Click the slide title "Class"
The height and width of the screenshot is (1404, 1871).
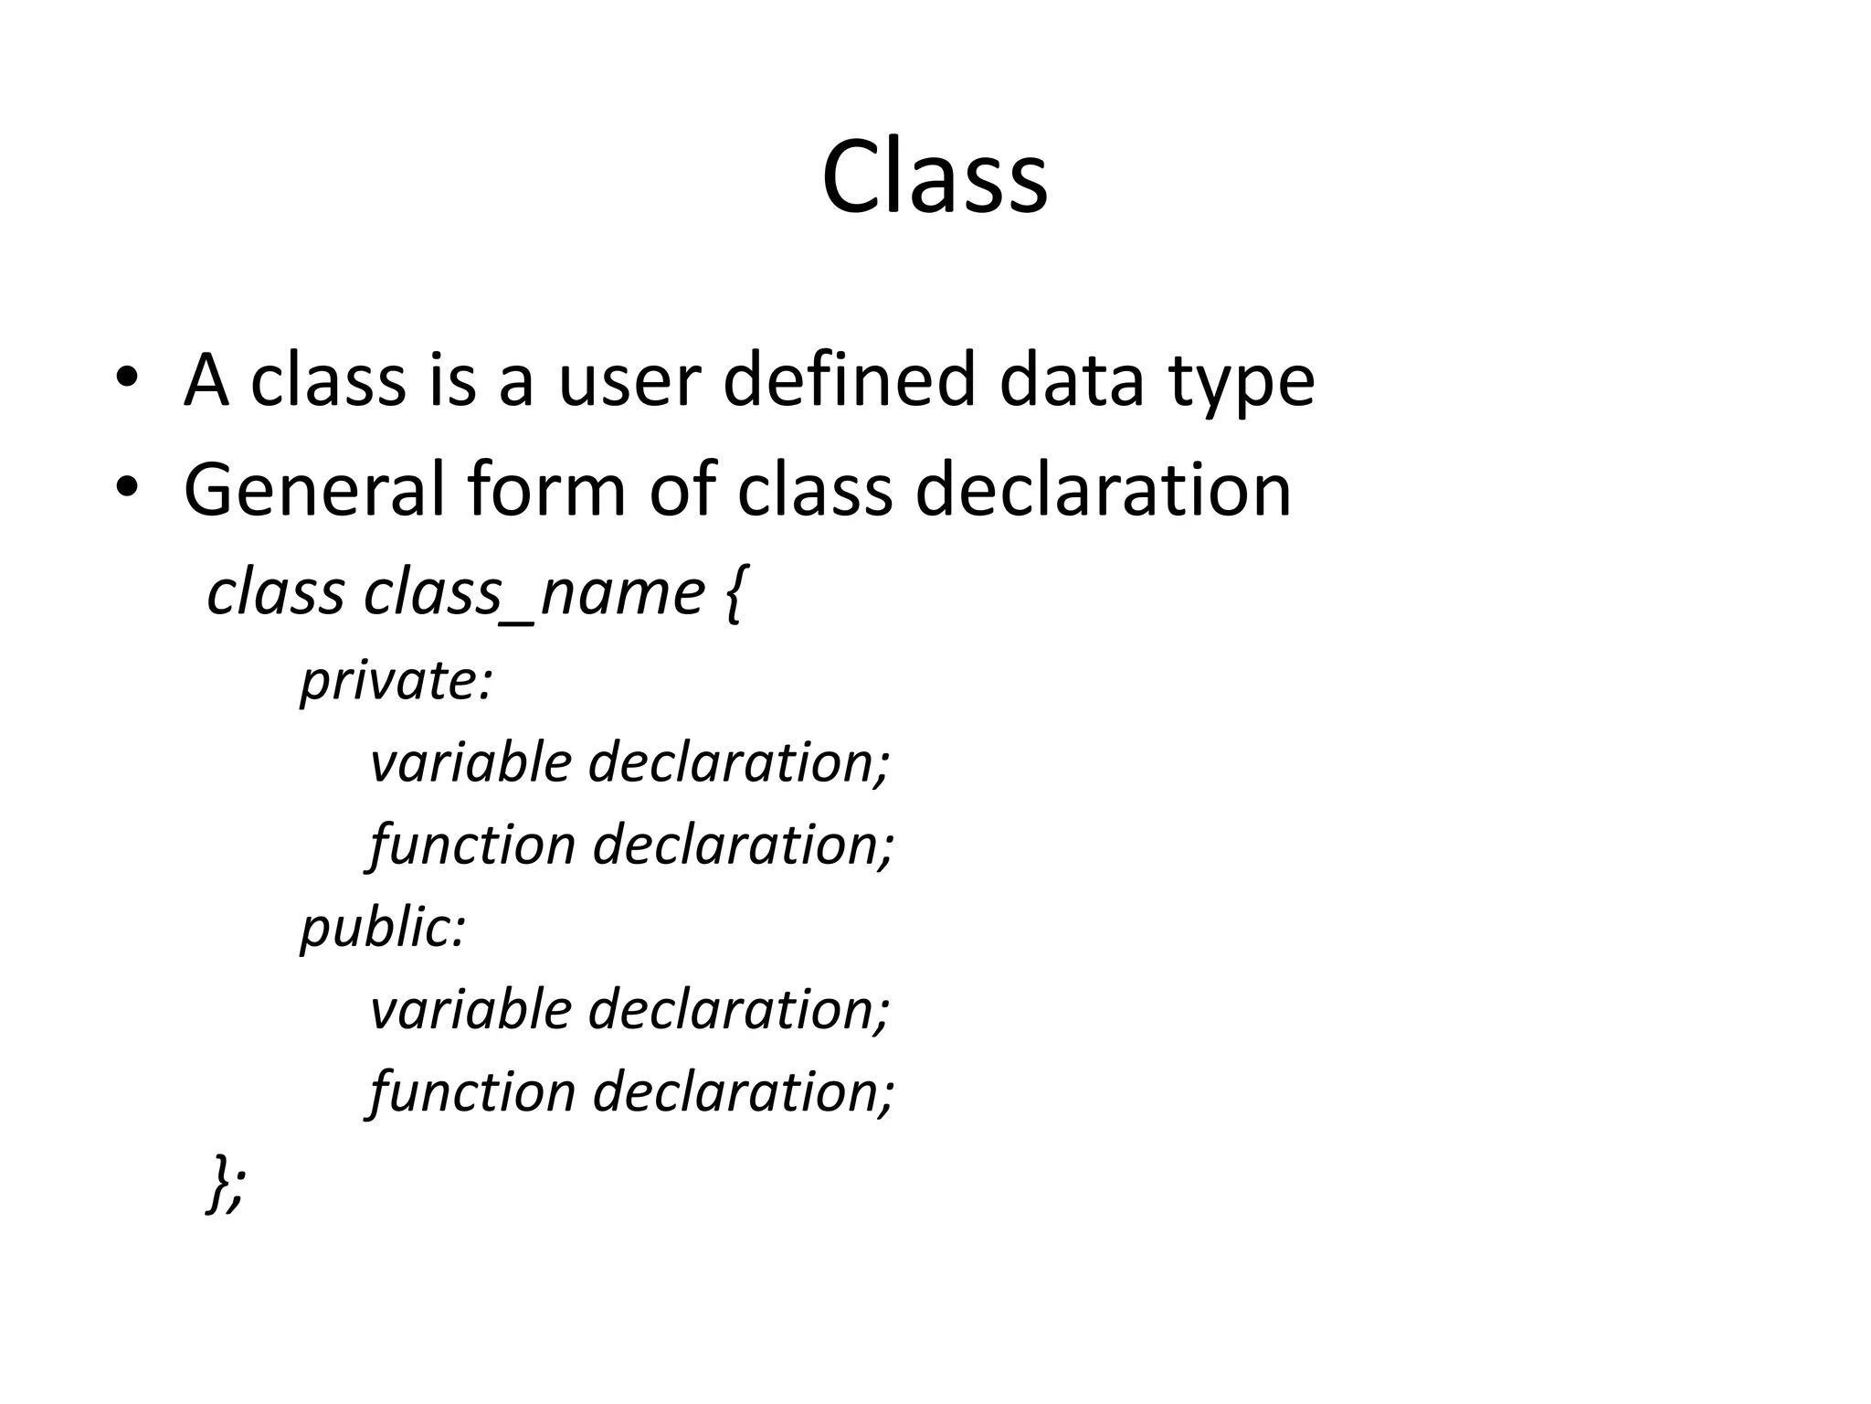[935, 177]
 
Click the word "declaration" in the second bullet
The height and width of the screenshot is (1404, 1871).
[1103, 490]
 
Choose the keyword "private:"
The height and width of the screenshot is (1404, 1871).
[396, 682]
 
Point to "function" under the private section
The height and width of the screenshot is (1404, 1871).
[471, 845]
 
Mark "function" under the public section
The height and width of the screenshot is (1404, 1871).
[471, 1091]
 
